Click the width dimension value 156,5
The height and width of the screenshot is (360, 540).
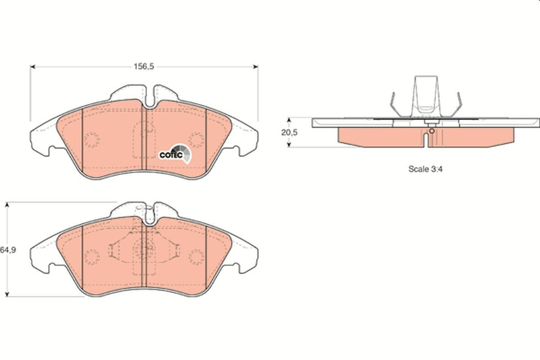144,67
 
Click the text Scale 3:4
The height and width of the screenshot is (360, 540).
425,169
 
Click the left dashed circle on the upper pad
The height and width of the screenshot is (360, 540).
92,139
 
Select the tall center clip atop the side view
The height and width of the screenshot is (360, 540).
425,94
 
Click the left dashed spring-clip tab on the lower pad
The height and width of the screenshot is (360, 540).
113,249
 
